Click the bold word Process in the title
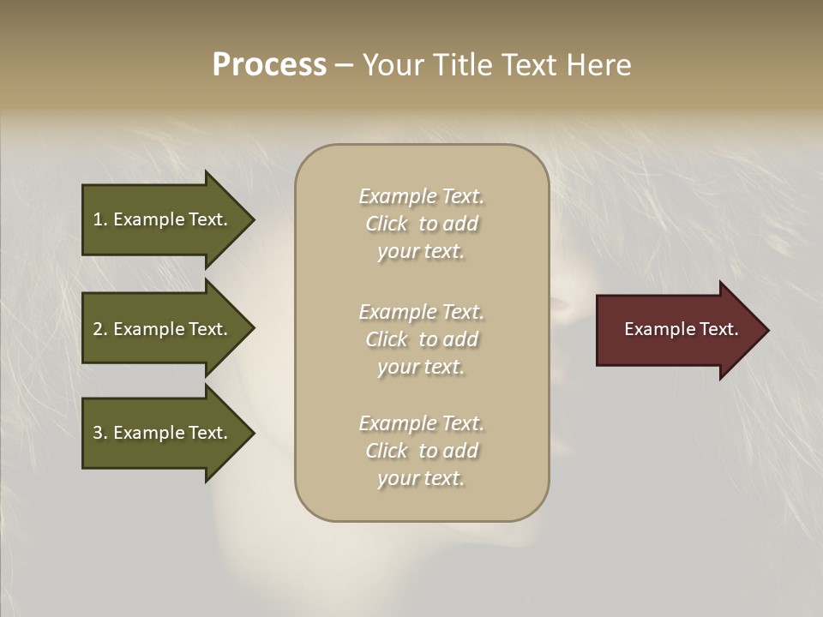click(x=269, y=65)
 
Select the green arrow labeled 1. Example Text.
click(x=163, y=219)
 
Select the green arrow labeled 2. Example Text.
click(x=163, y=329)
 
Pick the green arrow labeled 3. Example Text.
click(x=163, y=433)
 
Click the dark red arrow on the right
click(x=677, y=330)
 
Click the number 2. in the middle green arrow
click(x=99, y=329)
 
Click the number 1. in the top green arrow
click(x=99, y=219)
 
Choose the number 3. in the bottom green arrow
click(x=99, y=433)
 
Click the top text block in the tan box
click(x=421, y=224)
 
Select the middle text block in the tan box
click(x=421, y=339)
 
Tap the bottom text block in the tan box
click(x=421, y=451)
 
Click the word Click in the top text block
click(x=387, y=224)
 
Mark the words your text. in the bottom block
click(x=421, y=478)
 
